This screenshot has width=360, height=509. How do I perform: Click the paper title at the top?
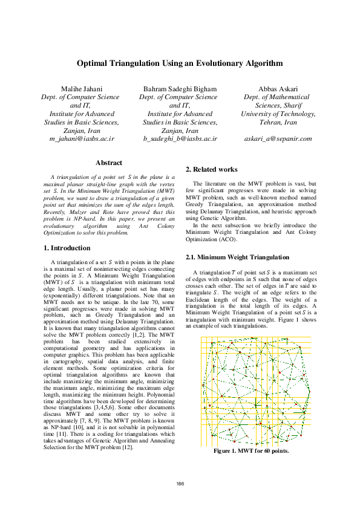pos(180,63)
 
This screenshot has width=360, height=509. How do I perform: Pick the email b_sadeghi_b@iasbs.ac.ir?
pos(180,138)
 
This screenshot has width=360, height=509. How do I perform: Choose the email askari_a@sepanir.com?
pos(278,138)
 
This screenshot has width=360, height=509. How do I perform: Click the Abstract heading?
pos(109,163)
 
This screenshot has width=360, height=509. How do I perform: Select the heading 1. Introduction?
pos(68,248)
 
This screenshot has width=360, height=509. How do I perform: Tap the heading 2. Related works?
pos(211,169)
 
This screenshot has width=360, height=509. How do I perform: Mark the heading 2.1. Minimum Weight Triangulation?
pos(237,257)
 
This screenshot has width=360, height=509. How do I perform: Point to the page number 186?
pos(180,483)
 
